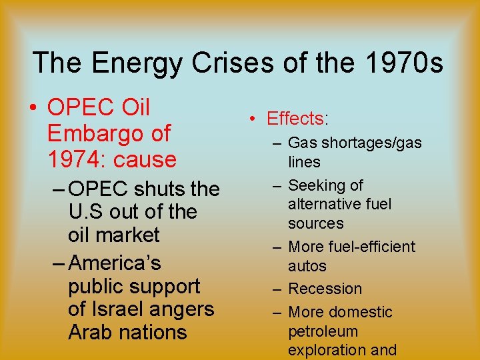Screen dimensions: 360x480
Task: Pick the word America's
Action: (114, 263)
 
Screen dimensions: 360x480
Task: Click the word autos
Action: (307, 266)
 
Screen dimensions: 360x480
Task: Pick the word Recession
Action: (325, 289)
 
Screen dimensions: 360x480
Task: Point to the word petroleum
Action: (323, 331)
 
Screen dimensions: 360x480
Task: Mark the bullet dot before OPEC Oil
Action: (32, 108)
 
